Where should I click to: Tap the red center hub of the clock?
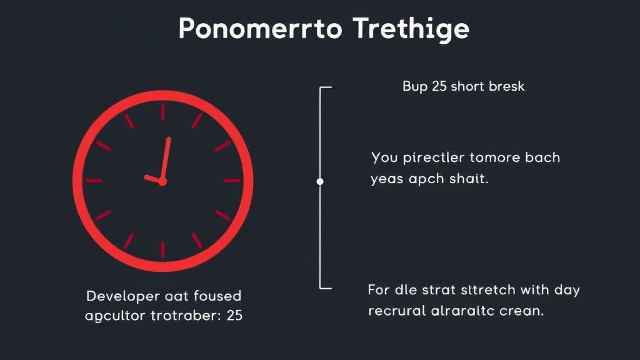coord(162,181)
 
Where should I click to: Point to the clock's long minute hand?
coord(166,159)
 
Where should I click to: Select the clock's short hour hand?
coord(153,179)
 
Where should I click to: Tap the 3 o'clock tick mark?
coord(232,181)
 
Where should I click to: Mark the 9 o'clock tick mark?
coord(94,181)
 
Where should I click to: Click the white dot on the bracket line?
coord(320,181)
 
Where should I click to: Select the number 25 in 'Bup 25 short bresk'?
coord(439,87)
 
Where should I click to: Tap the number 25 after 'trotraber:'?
coord(234,316)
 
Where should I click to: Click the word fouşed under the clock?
coord(216,295)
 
